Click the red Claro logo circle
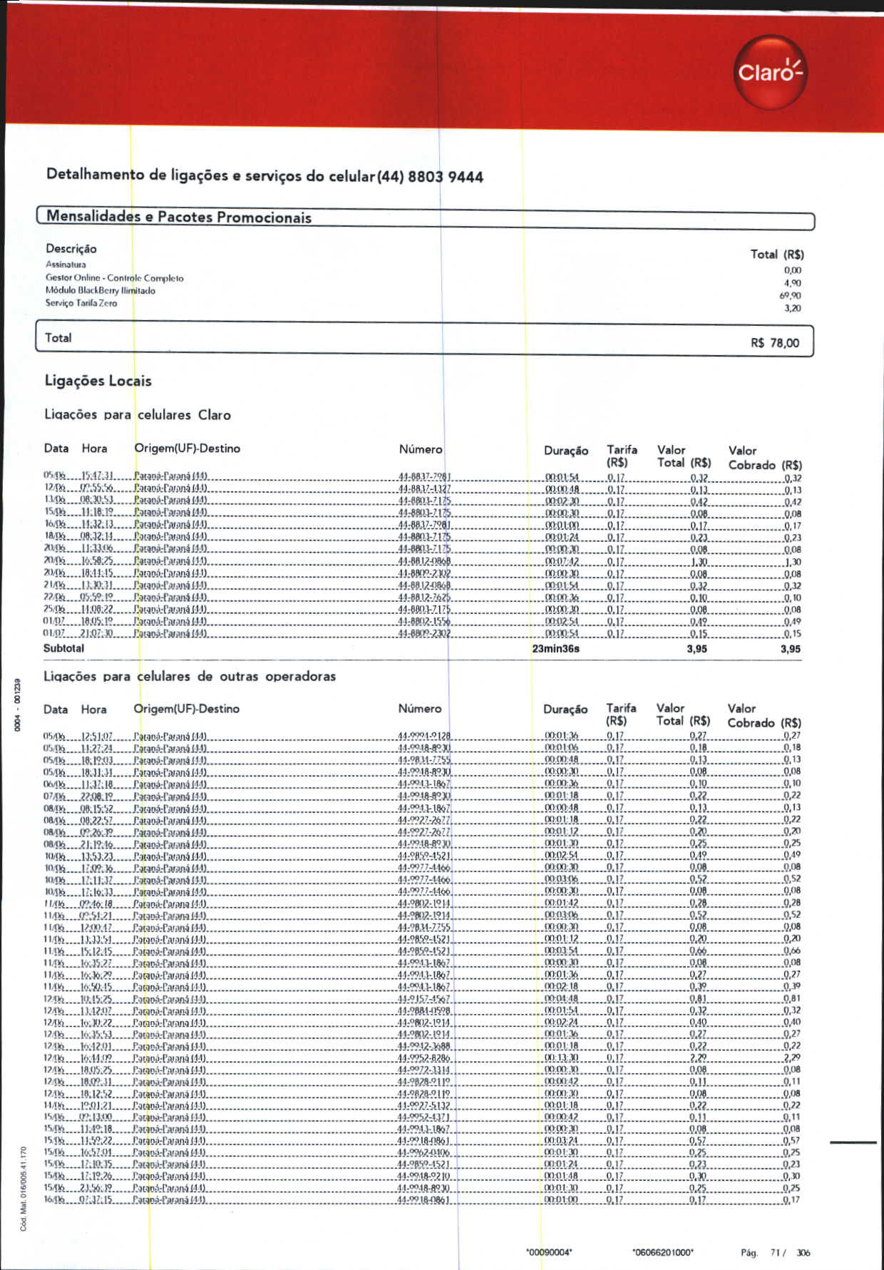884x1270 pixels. pos(770,72)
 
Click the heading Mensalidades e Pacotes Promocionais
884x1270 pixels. pos(179,217)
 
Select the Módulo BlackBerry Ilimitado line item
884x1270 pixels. pos(101,290)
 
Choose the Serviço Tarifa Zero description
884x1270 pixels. pos(81,303)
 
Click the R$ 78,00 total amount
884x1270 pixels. pos(775,343)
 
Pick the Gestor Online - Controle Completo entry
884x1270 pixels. pos(115,278)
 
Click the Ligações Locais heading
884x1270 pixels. pos(98,381)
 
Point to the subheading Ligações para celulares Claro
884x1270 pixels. pos(138,414)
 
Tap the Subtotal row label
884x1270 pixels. pos(63,648)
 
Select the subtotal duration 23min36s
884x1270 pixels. pos(555,649)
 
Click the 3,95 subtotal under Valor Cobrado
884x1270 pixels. pos(790,649)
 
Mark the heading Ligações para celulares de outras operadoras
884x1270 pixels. pos(190,676)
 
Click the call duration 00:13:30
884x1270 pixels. pos(562,1058)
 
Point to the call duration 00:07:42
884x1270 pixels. pos(562,562)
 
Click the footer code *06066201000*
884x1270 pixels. pos(662,1252)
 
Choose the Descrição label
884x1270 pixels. pos(71,249)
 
